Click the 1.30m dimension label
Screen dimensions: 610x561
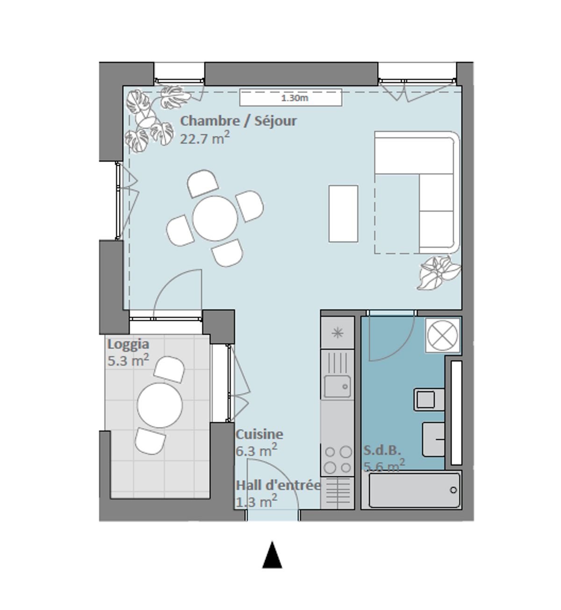point(294,98)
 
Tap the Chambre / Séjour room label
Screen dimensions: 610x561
point(238,121)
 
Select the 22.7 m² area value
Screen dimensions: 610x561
point(204,138)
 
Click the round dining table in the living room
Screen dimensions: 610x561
point(216,218)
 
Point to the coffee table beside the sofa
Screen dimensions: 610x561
point(343,213)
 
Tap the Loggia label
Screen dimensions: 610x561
point(128,344)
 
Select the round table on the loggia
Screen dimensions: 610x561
point(160,405)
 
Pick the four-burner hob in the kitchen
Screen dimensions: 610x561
point(338,459)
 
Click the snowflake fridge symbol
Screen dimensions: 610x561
point(337,333)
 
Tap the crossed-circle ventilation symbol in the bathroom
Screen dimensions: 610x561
point(443,335)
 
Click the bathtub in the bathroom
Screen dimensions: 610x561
point(414,490)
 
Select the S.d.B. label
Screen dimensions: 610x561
point(382,451)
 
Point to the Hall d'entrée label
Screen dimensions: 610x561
point(278,485)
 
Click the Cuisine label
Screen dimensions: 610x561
point(259,434)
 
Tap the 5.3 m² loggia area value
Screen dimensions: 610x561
point(128,361)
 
